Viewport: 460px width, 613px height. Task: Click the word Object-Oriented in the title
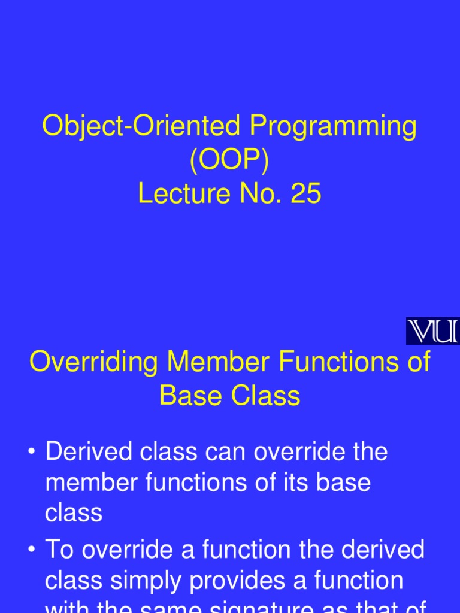pos(141,128)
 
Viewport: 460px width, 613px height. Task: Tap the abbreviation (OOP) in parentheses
pos(230,160)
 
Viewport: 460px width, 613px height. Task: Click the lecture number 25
pos(305,194)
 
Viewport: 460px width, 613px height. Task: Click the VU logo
pos(432,331)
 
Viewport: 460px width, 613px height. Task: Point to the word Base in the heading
pos(189,396)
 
